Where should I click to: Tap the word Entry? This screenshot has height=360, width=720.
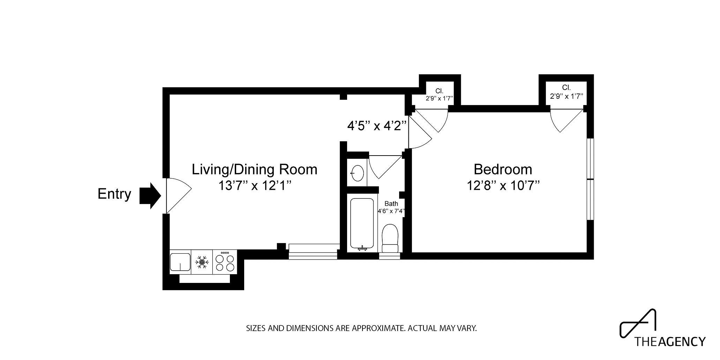[114, 194]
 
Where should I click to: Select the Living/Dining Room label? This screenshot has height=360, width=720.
[254, 170]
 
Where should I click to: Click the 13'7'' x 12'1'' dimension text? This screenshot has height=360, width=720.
[254, 186]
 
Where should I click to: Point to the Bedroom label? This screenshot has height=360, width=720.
[503, 170]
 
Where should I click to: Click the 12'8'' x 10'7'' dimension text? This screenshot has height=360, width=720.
[503, 186]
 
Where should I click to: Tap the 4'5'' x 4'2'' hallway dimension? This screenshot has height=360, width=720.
[377, 126]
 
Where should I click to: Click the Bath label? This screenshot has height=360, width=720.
[391, 204]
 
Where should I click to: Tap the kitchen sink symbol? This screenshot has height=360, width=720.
[180, 262]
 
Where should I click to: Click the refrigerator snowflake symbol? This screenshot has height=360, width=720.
[202, 262]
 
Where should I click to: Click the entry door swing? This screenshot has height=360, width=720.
[177, 195]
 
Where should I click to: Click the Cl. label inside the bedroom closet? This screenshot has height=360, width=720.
[566, 88]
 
